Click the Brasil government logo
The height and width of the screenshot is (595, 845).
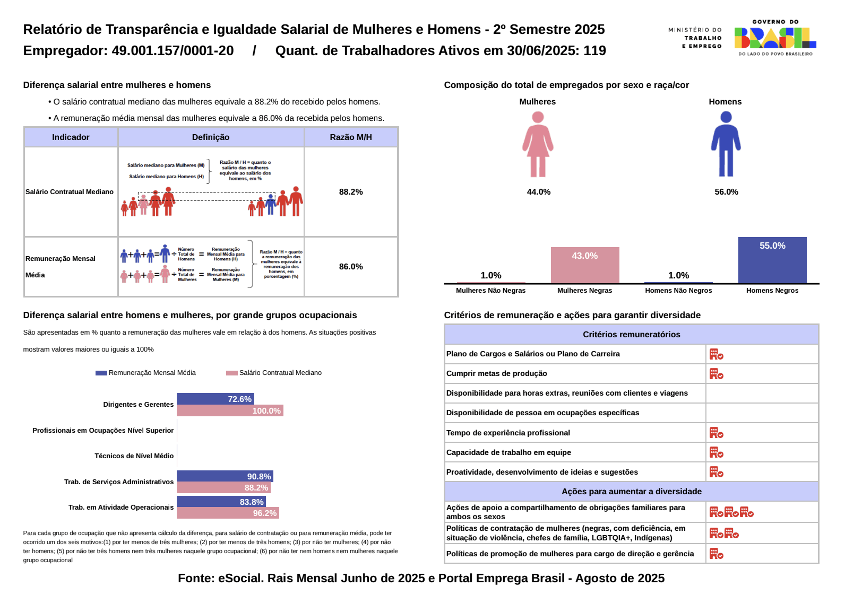(775, 38)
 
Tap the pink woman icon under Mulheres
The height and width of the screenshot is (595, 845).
(538, 144)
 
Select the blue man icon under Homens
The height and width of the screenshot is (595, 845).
(726, 144)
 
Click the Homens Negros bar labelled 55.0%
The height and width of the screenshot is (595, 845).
(772, 260)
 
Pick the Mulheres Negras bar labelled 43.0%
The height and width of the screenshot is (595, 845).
(585, 265)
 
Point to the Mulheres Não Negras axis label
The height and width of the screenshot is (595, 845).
(490, 291)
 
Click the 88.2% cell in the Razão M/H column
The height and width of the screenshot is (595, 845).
(351, 192)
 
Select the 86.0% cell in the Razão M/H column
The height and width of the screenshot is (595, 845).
(351, 267)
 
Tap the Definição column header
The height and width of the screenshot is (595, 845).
(211, 137)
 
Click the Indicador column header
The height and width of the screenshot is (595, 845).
(71, 137)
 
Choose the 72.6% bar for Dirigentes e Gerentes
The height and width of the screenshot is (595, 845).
(215, 399)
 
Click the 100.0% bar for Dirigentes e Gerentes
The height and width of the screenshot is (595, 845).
(229, 411)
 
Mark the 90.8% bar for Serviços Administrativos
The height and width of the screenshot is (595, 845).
(225, 476)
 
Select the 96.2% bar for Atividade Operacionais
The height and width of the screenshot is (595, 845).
(227, 513)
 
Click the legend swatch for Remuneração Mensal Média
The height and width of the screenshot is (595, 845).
(101, 373)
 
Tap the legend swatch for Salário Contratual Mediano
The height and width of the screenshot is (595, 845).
(231, 373)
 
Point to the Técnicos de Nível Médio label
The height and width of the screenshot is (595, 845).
(134, 456)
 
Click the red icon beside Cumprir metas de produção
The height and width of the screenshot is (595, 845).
(716, 374)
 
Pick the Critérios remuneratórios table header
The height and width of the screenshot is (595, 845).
(631, 335)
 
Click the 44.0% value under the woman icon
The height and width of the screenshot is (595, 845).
(538, 192)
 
